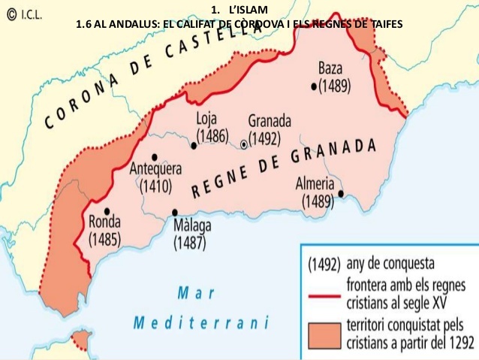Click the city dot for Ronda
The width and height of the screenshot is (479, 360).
(108, 211)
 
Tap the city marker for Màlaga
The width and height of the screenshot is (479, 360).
(175, 213)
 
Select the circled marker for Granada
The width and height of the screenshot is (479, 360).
(244, 144)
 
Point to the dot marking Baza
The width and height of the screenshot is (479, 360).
(314, 86)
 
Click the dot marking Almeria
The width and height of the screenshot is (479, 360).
(341, 193)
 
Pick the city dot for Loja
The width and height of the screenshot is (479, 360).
(194, 146)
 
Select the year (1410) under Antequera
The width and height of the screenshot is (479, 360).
(155, 186)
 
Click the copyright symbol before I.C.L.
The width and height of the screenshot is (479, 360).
(10, 14)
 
